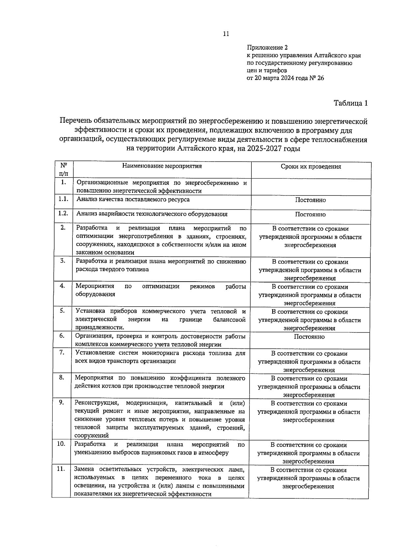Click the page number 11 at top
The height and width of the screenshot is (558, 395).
tap(226, 34)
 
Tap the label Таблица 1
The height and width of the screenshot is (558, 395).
tap(350, 103)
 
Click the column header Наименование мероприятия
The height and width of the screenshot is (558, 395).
tap(162, 166)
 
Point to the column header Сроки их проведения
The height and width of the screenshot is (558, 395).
tap(311, 166)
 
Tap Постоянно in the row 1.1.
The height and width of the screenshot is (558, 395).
tap(310, 200)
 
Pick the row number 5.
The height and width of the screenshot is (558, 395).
tap(62, 310)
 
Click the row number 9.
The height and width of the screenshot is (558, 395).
tap(62, 402)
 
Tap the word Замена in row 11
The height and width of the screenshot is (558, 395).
tap(84, 469)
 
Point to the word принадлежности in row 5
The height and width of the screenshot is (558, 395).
tap(100, 328)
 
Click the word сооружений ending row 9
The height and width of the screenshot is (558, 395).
tap(92, 436)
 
